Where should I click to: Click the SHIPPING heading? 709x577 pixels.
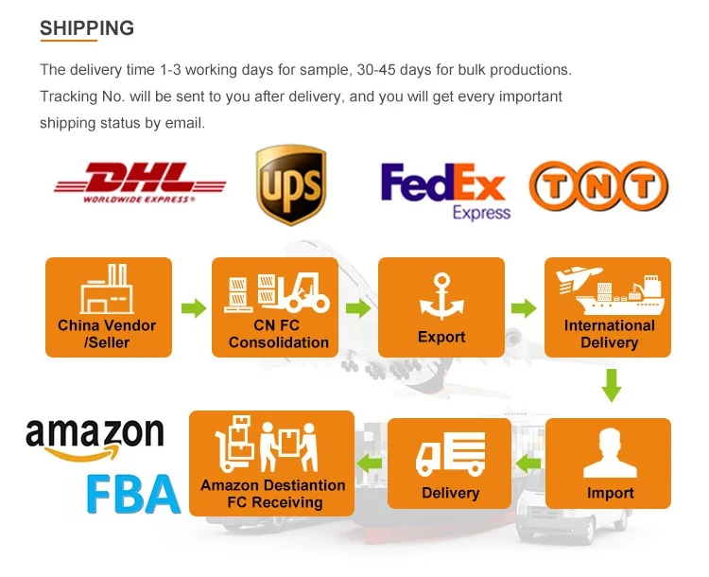87,27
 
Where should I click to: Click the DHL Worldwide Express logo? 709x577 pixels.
140,183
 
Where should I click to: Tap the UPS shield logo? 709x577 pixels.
290,185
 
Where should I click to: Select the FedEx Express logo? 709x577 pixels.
443,190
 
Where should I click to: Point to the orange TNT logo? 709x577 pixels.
597,186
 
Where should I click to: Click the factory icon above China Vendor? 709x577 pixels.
107,288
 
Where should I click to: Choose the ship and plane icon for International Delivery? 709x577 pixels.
609,290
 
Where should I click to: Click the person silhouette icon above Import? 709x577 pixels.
609,454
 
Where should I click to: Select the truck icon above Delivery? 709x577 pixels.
450,455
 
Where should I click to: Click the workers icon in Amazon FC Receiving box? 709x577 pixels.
272,445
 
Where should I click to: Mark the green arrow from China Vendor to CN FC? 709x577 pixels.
194,308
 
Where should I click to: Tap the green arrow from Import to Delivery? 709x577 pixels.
528,463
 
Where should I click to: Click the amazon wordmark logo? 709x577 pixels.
94,438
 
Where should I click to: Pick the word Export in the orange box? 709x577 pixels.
441,337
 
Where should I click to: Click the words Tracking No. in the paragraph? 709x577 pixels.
78,96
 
